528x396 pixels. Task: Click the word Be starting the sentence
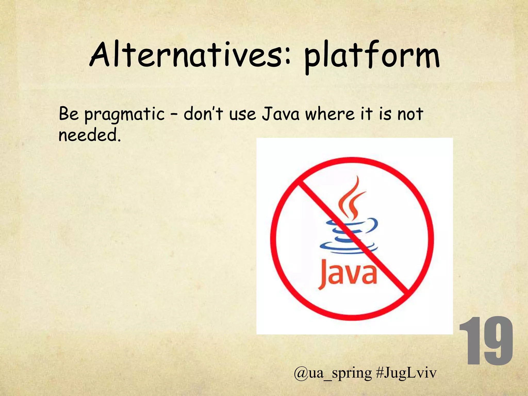tap(68, 113)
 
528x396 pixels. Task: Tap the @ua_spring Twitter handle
tap(333, 373)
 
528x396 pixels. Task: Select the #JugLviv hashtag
tap(406, 373)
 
